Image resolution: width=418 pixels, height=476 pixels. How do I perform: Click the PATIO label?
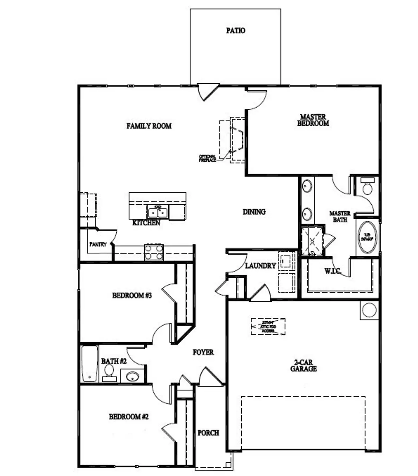coord(235,31)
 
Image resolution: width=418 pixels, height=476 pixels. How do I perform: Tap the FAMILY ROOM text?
coord(149,126)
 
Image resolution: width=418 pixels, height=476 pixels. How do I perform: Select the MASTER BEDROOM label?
coord(313,120)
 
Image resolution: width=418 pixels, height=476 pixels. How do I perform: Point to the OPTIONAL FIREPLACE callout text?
coord(207,158)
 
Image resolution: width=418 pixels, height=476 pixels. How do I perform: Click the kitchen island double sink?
coord(158,213)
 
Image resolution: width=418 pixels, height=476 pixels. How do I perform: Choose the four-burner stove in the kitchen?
coord(154,252)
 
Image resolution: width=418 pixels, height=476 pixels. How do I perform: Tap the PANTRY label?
coord(98,244)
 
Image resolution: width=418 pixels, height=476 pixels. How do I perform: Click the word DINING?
coord(254,212)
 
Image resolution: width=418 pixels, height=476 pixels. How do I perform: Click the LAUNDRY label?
coord(260,266)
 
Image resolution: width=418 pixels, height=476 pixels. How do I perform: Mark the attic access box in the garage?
coord(268,326)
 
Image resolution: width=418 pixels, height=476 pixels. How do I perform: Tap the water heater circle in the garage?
coord(369,310)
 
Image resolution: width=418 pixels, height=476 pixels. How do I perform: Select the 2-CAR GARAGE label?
coord(303,365)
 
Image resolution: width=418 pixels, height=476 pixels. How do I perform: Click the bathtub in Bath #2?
coord(89,364)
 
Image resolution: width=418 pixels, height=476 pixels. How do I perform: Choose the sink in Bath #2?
coord(132,376)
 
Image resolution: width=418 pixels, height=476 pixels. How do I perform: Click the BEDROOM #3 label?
coord(132,296)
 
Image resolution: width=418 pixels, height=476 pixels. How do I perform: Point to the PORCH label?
coord(208,433)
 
